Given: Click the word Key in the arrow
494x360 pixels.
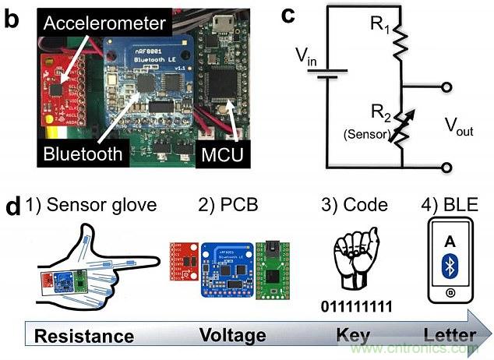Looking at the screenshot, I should [351, 335].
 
